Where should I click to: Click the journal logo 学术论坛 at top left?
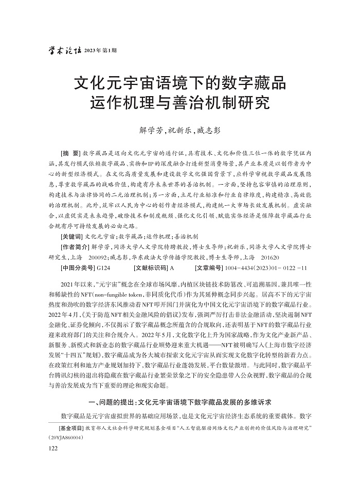pos(64,51)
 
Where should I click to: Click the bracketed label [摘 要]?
pos(70,154)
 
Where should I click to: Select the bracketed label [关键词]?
pos(71,237)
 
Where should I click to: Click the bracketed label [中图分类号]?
pos(78,268)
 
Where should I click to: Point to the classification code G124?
pos(103,268)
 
